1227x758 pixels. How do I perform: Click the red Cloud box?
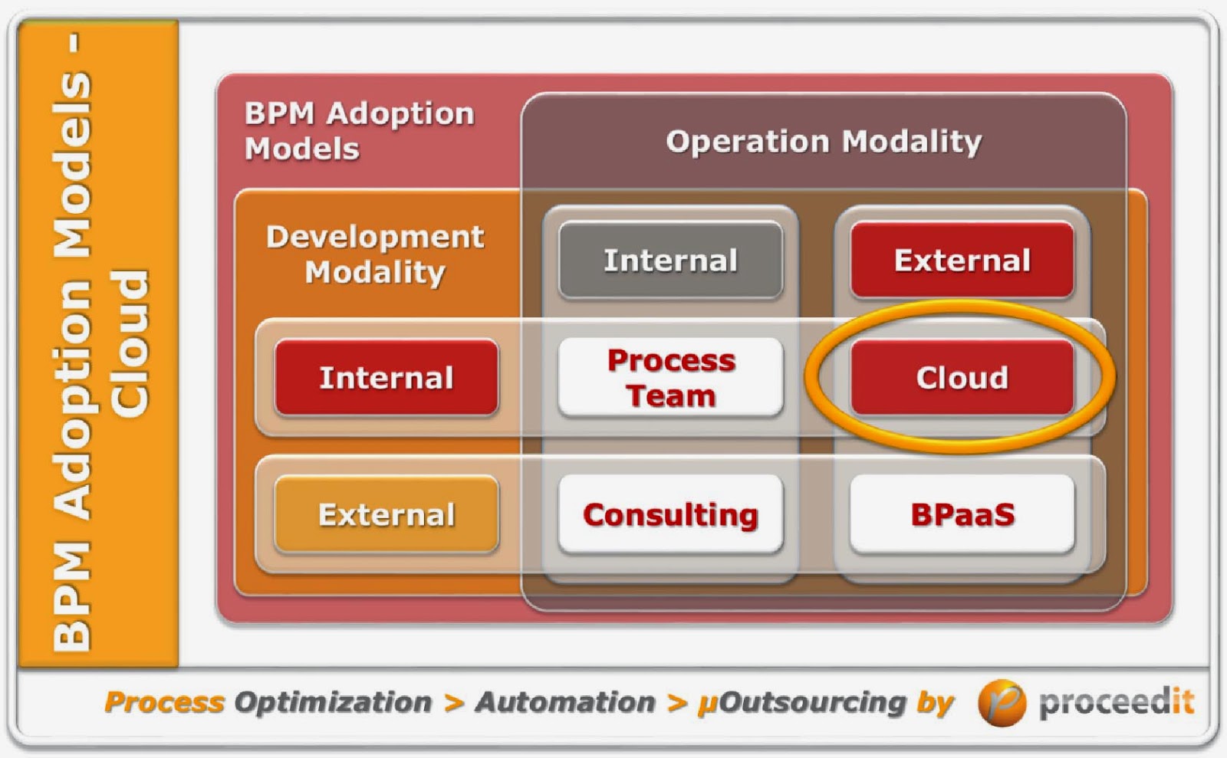[x=962, y=377]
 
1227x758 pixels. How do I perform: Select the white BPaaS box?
[x=962, y=514]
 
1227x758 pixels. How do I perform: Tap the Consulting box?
[x=670, y=514]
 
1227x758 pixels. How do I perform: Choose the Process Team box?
[x=670, y=377]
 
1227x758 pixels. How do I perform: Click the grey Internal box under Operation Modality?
[x=670, y=260]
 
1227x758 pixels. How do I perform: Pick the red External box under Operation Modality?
[x=962, y=260]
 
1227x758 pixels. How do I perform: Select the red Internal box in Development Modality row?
[x=387, y=377]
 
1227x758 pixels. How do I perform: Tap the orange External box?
[x=387, y=514]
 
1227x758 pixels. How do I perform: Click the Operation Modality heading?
[x=824, y=141]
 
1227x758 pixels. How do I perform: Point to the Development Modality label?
[x=375, y=254]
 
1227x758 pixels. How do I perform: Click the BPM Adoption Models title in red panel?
[x=359, y=130]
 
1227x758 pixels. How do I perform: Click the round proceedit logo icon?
[x=1001, y=702]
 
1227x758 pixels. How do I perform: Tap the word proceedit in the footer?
[x=1116, y=702]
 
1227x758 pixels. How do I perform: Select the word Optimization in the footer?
[x=333, y=702]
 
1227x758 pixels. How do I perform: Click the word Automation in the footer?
[x=565, y=702]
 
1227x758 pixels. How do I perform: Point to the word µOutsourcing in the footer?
[x=801, y=702]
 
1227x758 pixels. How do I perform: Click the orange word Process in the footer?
[x=164, y=702]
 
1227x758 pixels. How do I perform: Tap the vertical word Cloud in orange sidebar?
[x=129, y=343]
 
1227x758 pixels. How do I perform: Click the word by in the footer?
[x=934, y=702]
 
